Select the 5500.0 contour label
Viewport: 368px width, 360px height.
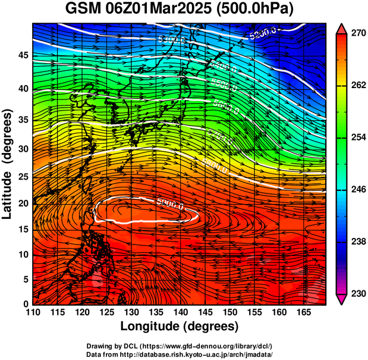pos(224,84)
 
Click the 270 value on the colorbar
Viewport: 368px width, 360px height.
pos(358,34)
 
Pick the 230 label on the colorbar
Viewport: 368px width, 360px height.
pos(358,293)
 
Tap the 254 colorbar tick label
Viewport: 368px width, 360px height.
pos(358,137)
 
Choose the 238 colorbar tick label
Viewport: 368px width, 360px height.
pos(358,242)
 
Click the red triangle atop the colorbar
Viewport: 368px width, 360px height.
pos(342,28)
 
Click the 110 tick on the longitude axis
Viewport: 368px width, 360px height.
pos(33,312)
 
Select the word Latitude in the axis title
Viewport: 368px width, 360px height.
pos(8,187)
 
